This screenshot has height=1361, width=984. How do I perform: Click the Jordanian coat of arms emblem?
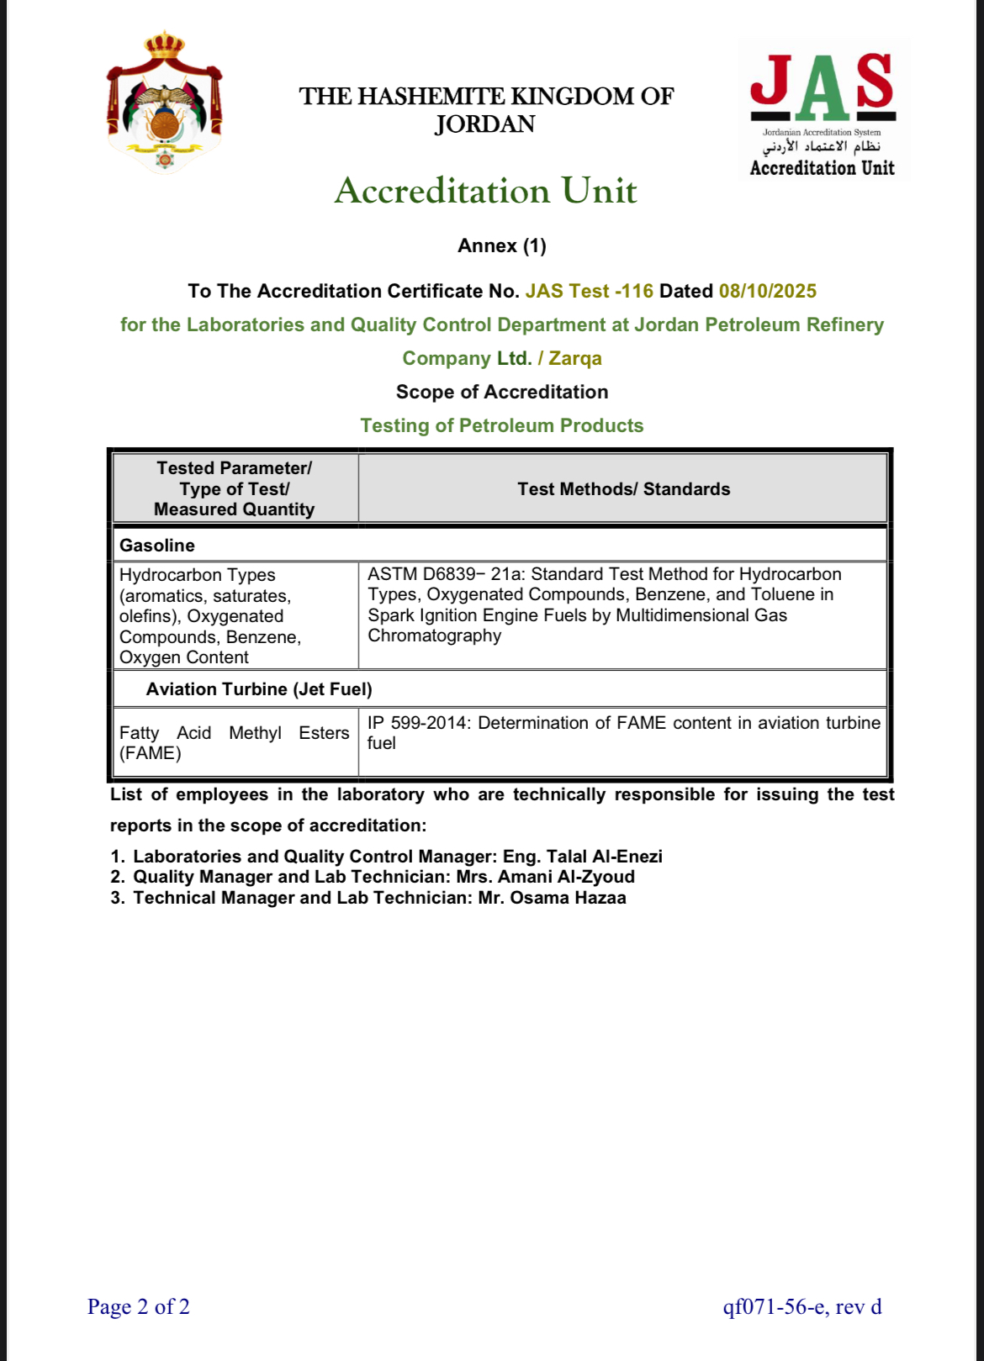(165, 103)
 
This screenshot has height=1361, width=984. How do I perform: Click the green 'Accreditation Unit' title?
(485, 191)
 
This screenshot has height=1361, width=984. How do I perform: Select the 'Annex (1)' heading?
(502, 246)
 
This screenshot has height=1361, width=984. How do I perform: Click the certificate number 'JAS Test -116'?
(589, 292)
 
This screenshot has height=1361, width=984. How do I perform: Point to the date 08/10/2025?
(767, 292)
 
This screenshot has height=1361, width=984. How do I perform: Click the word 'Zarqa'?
(575, 359)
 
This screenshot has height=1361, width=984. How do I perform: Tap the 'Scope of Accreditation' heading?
(502, 393)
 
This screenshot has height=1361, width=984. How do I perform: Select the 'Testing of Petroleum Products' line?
(502, 426)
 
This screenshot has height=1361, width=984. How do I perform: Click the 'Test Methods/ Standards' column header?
(623, 489)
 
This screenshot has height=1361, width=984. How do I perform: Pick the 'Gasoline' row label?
(157, 546)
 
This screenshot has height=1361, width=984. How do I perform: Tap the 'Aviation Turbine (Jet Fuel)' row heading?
(259, 689)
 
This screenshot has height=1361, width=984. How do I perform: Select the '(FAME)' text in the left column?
(151, 753)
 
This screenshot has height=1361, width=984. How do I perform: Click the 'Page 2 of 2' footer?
(139, 1307)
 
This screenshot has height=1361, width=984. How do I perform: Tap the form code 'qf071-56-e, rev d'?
(802, 1307)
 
